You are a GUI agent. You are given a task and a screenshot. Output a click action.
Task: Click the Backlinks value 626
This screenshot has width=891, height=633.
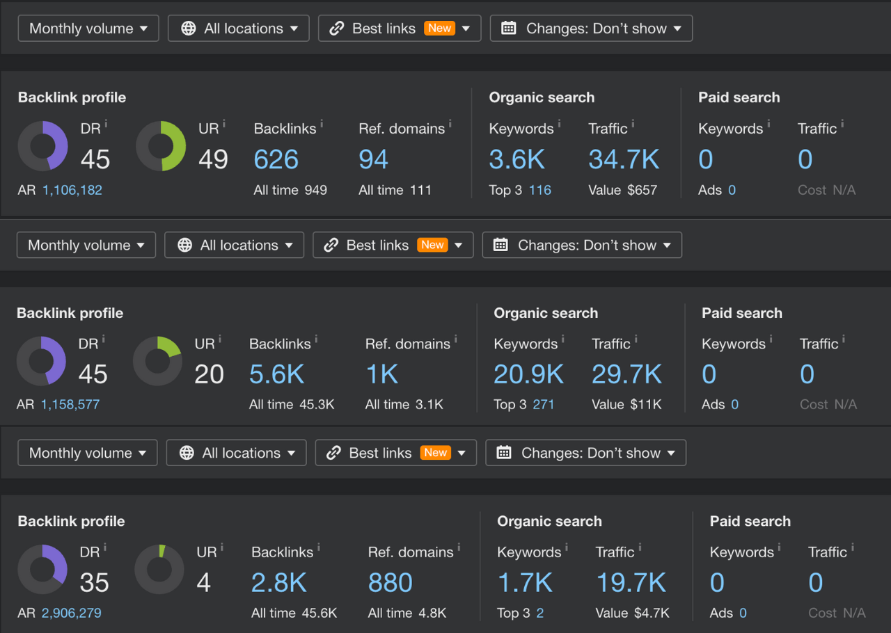[276, 160]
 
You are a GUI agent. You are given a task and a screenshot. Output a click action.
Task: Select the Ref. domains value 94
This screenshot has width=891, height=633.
[373, 160]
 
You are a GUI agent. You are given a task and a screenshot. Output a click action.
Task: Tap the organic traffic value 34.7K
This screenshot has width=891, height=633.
[624, 160]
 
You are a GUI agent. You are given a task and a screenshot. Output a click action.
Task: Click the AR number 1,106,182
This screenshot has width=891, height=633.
[72, 190]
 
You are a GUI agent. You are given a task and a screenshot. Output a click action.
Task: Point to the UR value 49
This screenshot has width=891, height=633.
[213, 160]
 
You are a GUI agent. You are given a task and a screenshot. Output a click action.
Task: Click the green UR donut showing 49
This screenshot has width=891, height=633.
[161, 146]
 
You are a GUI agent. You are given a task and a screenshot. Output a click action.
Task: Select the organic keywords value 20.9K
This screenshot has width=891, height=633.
[528, 375]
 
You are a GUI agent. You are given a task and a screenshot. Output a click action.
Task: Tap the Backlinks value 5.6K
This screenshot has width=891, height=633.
[276, 375]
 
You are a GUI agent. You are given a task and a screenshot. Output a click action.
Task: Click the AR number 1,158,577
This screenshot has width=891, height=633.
[70, 404]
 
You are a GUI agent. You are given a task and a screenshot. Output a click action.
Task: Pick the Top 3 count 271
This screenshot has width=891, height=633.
[543, 404]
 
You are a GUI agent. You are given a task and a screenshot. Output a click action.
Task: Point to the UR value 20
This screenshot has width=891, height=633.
[209, 375]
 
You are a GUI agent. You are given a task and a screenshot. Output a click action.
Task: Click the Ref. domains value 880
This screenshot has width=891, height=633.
[391, 583]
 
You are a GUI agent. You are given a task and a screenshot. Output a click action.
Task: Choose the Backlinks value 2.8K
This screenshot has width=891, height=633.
[278, 583]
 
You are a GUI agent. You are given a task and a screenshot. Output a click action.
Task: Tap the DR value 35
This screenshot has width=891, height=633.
[95, 583]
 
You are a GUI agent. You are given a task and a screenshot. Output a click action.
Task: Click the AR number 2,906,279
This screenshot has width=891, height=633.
[71, 613]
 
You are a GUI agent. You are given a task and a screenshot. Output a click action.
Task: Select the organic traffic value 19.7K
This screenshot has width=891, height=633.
[631, 583]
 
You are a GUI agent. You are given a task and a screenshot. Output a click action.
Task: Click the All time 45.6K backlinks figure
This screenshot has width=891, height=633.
[294, 613]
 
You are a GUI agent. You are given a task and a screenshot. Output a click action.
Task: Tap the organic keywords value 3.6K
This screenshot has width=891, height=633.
[517, 160]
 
